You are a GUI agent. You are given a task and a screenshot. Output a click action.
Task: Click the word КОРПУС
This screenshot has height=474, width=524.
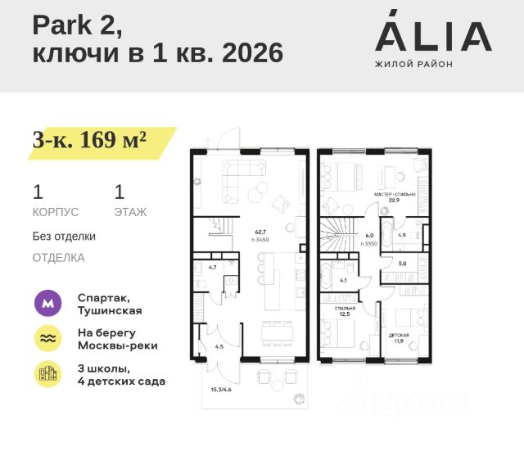[56, 212]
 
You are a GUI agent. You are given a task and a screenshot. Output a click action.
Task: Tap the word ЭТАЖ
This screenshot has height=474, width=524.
[130, 212]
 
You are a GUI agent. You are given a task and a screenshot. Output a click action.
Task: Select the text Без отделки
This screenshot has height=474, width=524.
[64, 237]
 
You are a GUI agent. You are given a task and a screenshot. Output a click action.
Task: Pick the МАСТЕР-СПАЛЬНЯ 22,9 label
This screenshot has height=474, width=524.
[394, 197]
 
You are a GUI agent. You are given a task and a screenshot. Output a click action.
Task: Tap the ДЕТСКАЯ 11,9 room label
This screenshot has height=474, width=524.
[399, 339]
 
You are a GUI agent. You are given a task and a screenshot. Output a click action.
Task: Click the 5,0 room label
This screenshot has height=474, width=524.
[402, 264]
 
